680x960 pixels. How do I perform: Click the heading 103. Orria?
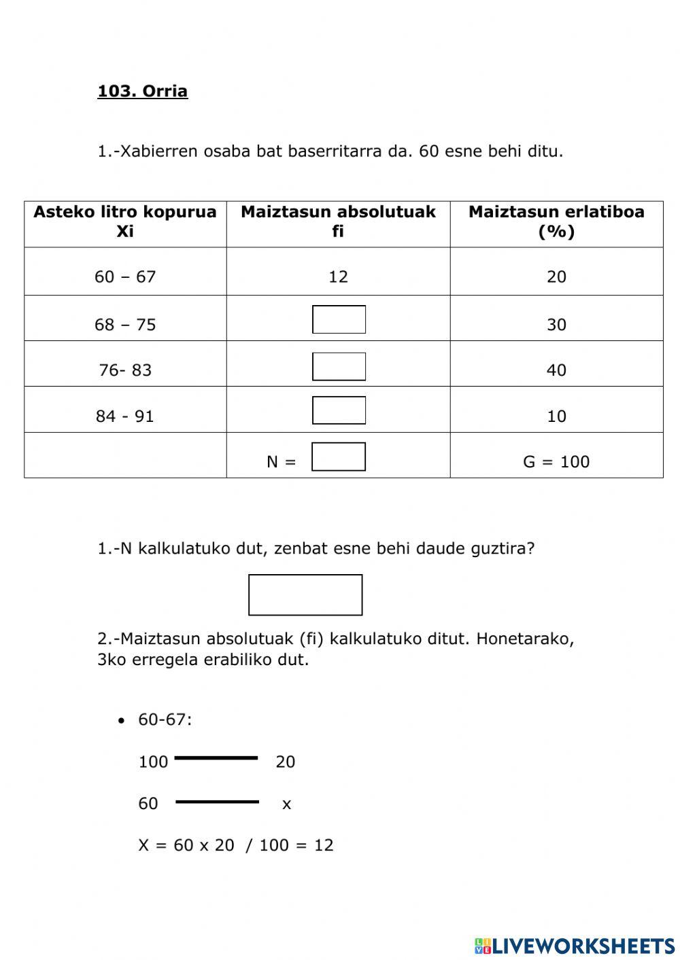click(142, 91)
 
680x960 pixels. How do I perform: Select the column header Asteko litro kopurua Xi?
click(125, 221)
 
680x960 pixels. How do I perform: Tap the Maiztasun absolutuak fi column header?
click(338, 221)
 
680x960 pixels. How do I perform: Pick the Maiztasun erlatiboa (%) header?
click(556, 221)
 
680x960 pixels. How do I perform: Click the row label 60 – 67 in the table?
click(125, 277)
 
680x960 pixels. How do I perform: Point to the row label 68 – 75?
click(125, 325)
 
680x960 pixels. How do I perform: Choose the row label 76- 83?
click(125, 370)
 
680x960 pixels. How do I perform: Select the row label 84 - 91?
click(125, 416)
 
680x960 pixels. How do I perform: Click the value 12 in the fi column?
click(338, 277)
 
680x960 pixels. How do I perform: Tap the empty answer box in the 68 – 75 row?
click(339, 319)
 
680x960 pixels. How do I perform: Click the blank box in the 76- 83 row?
click(339, 366)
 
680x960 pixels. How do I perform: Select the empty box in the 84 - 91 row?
click(339, 410)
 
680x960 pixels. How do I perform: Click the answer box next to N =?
click(339, 457)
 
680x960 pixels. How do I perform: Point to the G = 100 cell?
click(556, 462)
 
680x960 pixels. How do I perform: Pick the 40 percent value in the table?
click(556, 370)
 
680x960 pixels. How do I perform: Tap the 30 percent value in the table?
click(556, 325)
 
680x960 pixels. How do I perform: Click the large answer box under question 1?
click(305, 594)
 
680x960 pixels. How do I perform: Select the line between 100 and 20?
click(216, 758)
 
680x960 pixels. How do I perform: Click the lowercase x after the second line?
click(286, 804)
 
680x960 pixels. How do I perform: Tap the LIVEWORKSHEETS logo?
click(575, 945)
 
